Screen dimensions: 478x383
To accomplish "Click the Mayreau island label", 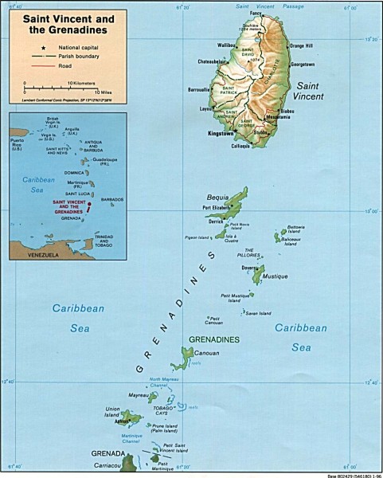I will [139, 394].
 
